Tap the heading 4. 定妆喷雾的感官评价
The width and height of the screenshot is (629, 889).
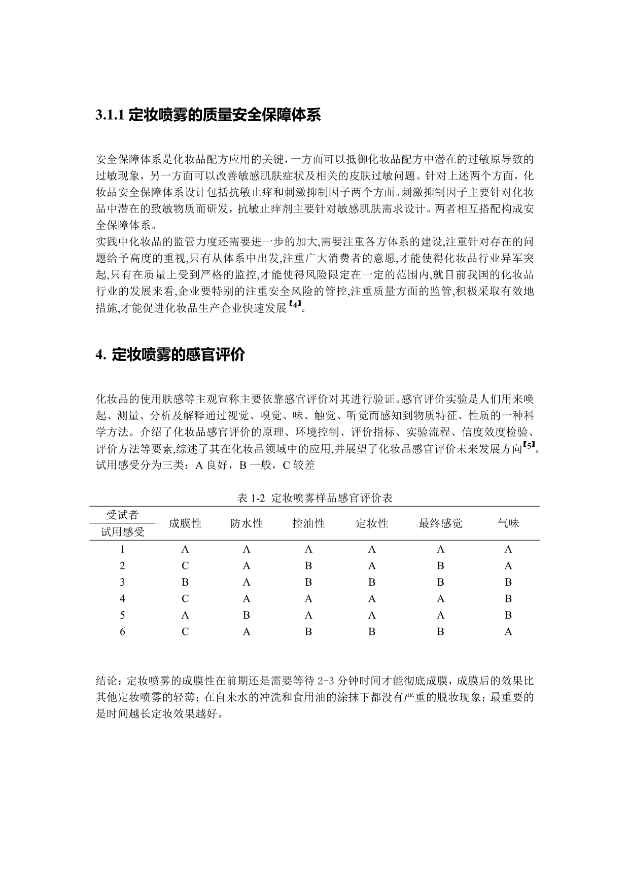170,355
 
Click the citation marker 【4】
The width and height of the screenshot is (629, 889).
295,305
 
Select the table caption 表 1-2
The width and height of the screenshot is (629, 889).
251,498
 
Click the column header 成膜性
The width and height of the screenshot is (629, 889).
185,523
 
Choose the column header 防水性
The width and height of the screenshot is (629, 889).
247,523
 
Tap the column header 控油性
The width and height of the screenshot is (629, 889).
308,523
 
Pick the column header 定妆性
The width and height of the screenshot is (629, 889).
372,523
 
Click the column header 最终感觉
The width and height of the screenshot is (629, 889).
440,523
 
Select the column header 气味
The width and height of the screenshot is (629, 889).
508,523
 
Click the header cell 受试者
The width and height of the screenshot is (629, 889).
122,515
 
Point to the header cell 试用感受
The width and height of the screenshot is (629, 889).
122,532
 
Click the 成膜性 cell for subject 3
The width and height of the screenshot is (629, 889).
185,582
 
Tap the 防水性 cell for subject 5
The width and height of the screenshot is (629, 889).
247,615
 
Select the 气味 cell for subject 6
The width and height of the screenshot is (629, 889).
508,632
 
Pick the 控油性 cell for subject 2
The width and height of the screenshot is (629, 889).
308,566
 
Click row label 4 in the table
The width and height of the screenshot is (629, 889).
122,599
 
